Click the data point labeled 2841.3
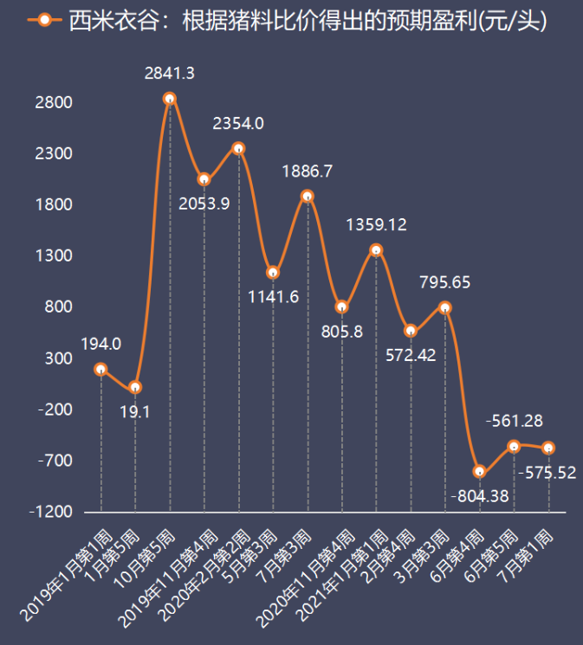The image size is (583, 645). [170, 99]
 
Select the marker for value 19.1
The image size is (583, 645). [135, 387]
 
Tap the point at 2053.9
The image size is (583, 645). [204, 179]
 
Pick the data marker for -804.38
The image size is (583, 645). [479, 472]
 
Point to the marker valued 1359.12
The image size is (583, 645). [376, 250]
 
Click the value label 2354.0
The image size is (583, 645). [238, 124]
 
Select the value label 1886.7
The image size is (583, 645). [307, 171]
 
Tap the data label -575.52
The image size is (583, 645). [547, 473]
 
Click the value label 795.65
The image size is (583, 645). [445, 282]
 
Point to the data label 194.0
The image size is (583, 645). [100, 344]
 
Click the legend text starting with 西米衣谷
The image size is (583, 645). [308, 21]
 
